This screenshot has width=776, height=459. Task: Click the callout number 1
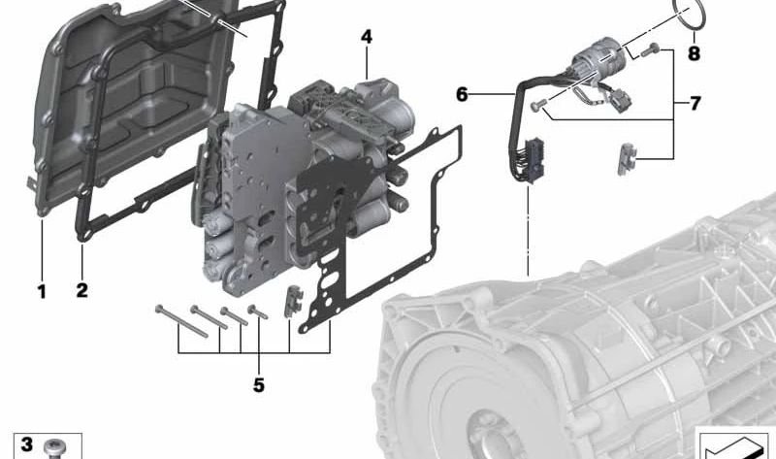tap(42, 291)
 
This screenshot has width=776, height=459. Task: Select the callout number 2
tap(81, 290)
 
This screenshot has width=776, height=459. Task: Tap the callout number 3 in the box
tap(26, 443)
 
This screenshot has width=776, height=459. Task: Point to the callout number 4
tap(367, 37)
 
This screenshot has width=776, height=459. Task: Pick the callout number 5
tap(259, 384)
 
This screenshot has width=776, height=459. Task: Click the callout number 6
tap(462, 93)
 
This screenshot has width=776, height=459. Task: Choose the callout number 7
tap(695, 104)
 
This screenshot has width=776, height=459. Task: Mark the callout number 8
tap(694, 53)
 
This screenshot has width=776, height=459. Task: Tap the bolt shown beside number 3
tap(52, 448)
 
